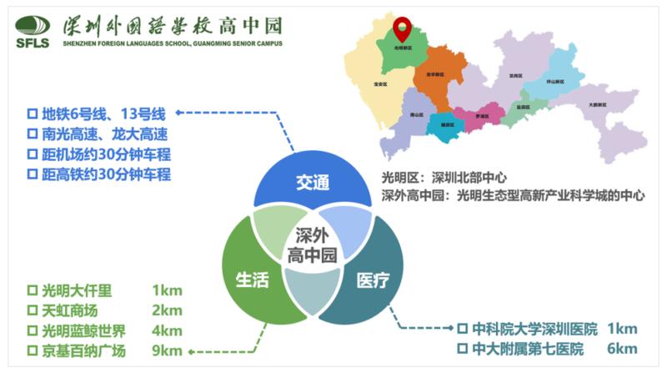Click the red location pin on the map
point(403,28)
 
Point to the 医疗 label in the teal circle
point(373,280)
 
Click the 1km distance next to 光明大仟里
point(167,291)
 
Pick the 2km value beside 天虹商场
point(167,311)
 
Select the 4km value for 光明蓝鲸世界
point(167,331)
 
